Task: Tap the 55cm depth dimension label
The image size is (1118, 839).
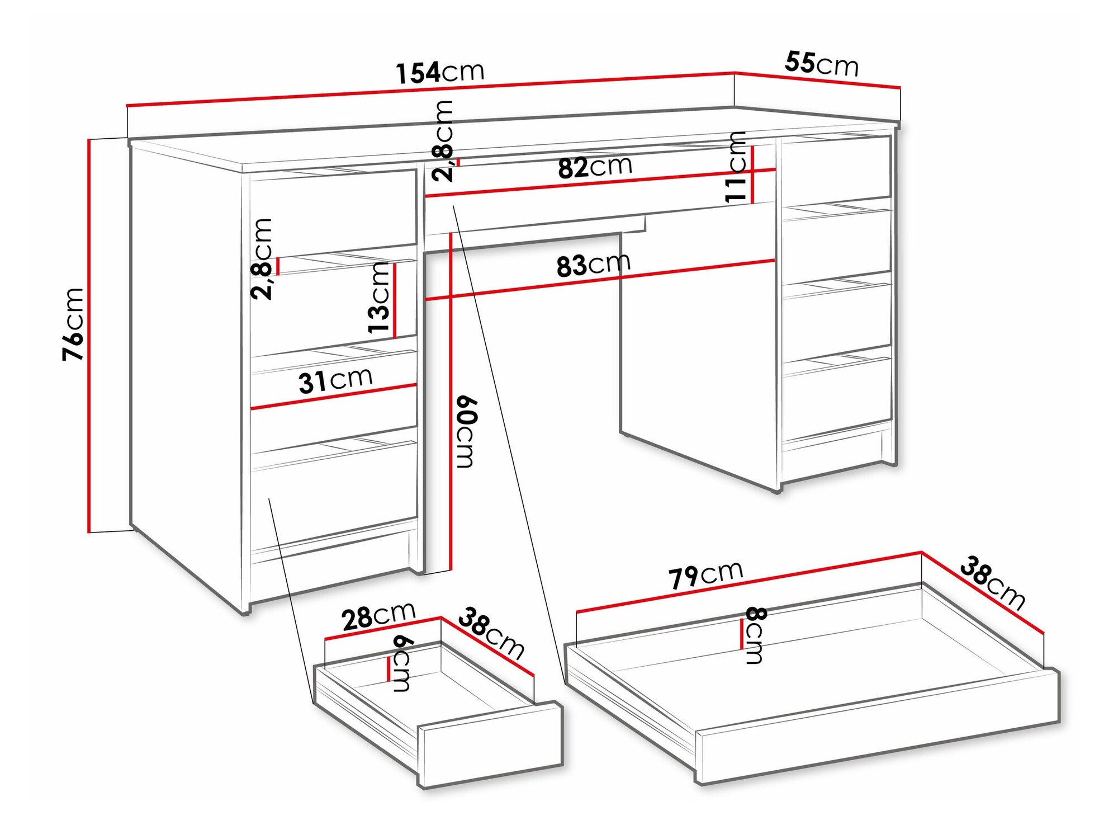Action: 821,63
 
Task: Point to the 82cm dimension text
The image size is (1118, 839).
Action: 595,167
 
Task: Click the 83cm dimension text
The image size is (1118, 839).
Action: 593,265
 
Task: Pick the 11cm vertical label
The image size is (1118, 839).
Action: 736,166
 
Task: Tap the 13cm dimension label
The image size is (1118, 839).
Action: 380,298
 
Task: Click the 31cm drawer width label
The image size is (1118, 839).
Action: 335,380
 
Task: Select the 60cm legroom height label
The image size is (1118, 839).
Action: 466,431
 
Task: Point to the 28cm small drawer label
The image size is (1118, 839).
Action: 378,616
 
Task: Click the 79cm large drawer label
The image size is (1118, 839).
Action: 705,575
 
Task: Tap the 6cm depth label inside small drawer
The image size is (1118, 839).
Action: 402,664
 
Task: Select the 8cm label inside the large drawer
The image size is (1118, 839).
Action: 754,635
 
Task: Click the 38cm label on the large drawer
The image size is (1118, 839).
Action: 993,583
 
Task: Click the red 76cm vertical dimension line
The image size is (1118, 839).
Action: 89,336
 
